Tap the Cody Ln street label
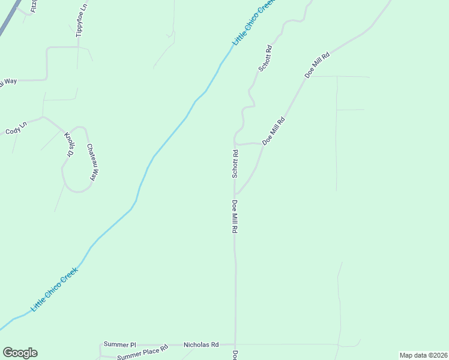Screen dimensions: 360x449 pos(16,131)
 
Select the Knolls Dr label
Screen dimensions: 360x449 pos(69,145)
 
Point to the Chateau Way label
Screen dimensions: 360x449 pos(91,162)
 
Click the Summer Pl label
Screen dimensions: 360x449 pos(120,345)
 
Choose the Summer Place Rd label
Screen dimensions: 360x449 pos(142,355)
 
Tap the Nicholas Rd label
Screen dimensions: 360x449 pos(201,345)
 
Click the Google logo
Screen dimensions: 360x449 pos(20,353)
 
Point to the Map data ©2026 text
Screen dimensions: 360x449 pos(423,355)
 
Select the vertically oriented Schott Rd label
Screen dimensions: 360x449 pos(235,164)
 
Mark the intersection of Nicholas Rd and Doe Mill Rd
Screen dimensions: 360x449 pos(235,345)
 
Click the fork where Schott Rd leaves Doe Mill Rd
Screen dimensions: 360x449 pos(235,193)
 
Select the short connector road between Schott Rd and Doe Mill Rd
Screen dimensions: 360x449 pos(249,144)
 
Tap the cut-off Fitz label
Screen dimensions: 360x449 pos(34,6)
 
